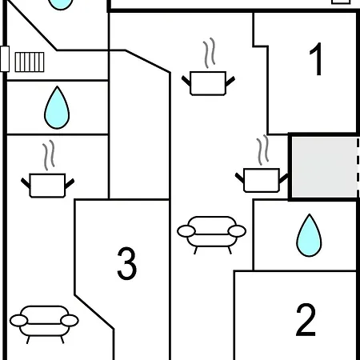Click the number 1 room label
tap(317, 60)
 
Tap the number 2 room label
tap(306, 321)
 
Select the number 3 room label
tap(126, 264)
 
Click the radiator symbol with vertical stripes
tap(29, 61)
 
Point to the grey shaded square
tap(320, 166)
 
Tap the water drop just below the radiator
tap(55, 104)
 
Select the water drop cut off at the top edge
tap(58, 4)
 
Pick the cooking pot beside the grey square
tap(261, 179)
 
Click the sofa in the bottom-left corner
tap(44, 322)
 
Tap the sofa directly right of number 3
tap(211, 232)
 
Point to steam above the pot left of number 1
tap(210, 53)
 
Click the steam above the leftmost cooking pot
tap(49, 153)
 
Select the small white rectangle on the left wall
tap(4, 59)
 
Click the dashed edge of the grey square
tap(356, 166)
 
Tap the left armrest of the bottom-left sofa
tap(18, 321)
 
